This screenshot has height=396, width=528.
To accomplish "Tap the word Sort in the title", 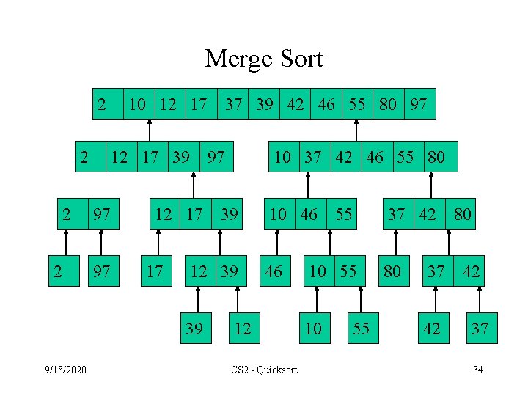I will tap(301, 59).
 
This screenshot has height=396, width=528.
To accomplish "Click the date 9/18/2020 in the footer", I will tap(66, 369).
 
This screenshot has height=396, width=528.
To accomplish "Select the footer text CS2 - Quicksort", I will tap(264, 370).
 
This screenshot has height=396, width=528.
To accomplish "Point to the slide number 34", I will tap(477, 369).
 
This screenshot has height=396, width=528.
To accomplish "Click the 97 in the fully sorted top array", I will tap(419, 104).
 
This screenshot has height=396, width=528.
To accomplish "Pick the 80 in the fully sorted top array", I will tap(388, 104).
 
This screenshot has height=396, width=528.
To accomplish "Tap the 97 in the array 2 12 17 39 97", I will tap(216, 156).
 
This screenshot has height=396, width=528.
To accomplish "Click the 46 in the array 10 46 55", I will tap(309, 214).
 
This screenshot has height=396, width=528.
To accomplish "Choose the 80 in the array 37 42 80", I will tap(463, 214).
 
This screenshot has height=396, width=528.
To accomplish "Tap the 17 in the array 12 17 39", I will tap(194, 214).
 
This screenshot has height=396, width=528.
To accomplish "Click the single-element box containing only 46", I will tap(273, 271).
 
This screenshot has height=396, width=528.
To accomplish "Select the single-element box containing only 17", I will tap(155, 271).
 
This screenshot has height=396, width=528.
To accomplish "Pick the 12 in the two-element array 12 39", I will tap(198, 271).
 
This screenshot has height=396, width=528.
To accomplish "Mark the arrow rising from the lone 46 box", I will tap(277, 244).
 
